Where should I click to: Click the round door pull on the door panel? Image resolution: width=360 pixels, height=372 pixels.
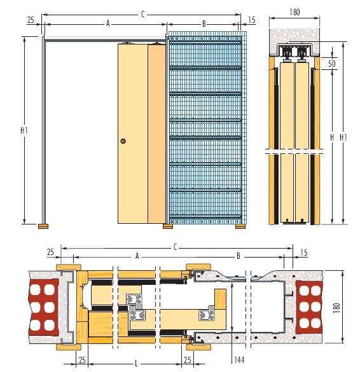coord(123,141)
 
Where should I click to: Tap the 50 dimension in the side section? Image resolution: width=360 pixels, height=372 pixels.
coord(332,64)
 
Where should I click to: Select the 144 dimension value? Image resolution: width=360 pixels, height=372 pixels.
coord(239,360)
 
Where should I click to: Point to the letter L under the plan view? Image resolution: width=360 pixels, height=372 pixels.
coord(136,363)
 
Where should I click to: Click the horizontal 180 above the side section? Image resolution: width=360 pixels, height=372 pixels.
coord(294,12)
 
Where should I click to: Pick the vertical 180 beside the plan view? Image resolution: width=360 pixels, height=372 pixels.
coord(336,308)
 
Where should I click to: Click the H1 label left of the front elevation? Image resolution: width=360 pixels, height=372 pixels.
coord(24,130)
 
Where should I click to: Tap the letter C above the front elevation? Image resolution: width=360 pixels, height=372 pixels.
coord(142,14)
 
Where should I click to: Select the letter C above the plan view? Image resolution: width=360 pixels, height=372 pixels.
coord(175,247)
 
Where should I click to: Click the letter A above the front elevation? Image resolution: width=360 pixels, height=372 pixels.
coord(108,24)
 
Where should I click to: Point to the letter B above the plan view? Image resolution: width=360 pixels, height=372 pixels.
coord(239,256)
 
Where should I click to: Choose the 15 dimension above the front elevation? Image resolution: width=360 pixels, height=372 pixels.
coord(252,20)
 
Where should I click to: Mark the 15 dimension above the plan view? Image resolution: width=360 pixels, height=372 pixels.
coord(304,252)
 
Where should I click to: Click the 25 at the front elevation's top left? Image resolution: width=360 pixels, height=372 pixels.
coord(31,20)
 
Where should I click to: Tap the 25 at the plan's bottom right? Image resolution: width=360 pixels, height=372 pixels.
coord(187,360)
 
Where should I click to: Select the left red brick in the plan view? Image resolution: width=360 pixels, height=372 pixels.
coord(44,307)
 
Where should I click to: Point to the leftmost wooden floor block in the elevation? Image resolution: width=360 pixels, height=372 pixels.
coord(43,226)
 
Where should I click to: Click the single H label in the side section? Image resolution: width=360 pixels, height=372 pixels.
coord(332,137)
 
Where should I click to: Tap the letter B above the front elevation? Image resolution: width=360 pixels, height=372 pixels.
coord(204,24)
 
